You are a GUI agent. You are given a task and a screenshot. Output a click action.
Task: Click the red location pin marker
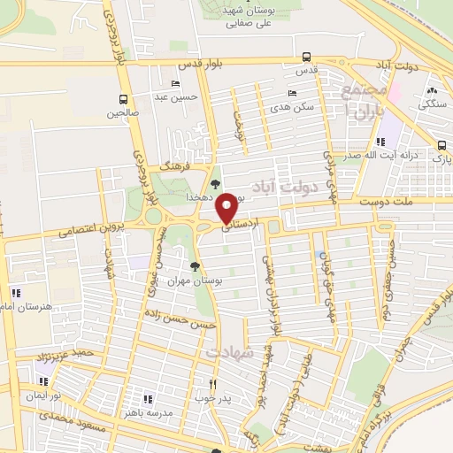coord(227,206)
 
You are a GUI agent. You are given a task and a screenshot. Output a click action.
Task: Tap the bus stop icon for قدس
coord(306,56)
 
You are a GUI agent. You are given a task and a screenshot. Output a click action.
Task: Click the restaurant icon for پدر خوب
coord(212,384)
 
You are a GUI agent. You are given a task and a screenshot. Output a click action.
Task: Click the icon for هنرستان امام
coord(14,293)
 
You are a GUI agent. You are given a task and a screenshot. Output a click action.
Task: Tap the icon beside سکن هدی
coord(292,93)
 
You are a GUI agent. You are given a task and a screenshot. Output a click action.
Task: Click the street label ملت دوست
coord(392,203)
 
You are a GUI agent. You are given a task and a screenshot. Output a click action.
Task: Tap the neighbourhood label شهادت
coord(230,352)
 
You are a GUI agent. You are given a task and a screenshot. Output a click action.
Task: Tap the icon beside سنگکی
coord(433,91)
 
